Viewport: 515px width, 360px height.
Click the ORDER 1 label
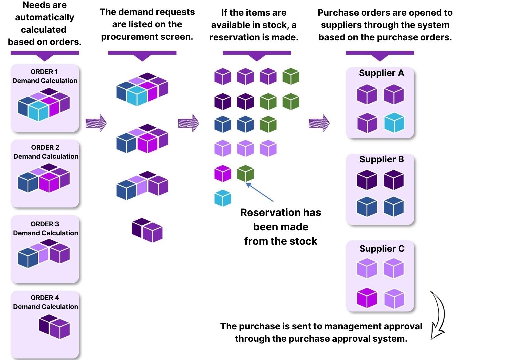44,72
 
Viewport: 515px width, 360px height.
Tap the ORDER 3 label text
45,224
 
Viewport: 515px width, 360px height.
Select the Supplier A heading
381,73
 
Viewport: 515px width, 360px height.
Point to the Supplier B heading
381,159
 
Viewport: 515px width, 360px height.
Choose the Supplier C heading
382,249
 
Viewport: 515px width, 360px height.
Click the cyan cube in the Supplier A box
394,123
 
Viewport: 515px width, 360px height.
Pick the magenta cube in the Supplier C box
367,298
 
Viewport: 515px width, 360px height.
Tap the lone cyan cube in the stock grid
223,198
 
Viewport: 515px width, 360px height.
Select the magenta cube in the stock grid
223,173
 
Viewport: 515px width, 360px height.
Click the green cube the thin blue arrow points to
245,173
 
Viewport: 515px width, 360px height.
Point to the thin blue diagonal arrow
260,192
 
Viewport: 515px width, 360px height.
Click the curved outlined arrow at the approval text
437,315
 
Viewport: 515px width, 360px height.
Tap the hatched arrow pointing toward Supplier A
319,123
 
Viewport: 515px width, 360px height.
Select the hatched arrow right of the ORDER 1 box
96,123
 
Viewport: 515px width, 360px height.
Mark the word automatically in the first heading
45,17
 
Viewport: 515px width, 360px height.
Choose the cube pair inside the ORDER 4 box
54,326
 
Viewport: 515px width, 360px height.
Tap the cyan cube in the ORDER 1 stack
38,111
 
